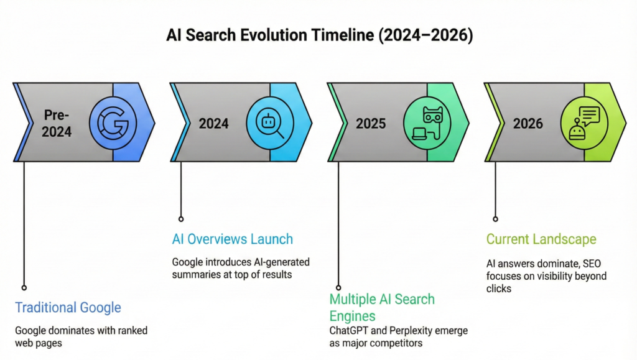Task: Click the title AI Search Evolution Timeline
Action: point(319,35)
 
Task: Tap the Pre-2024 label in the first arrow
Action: point(57,123)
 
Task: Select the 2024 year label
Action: point(213,123)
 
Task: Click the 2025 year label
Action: point(371,123)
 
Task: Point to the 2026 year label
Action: point(528,123)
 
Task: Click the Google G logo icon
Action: point(113,122)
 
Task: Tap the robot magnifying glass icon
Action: point(270,122)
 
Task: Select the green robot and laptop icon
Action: point(427,122)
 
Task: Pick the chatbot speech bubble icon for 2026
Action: point(584,122)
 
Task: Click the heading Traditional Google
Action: point(68,307)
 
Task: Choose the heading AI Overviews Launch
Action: point(232,239)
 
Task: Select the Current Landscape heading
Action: point(541,239)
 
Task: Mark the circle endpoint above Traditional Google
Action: point(24,287)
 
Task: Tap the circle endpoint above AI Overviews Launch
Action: point(181,219)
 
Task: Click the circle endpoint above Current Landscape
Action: point(495,219)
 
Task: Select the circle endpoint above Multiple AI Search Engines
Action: point(338,287)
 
